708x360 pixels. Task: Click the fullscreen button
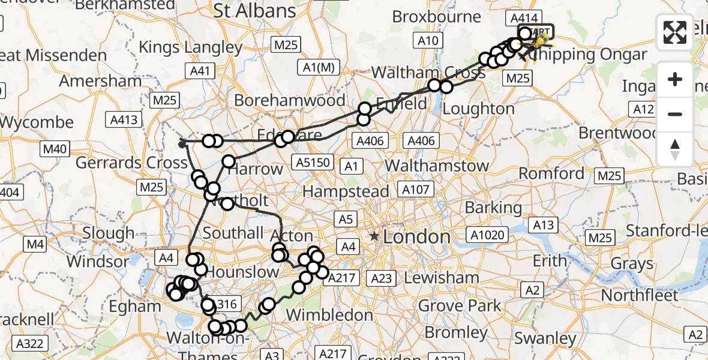tap(675, 32)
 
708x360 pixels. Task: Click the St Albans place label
tap(255, 10)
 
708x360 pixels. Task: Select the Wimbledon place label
tap(329, 314)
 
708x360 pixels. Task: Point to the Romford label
tap(551, 174)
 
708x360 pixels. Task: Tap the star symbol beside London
tap(375, 237)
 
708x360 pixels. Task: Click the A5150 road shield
tap(313, 162)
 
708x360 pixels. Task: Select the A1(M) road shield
tap(318, 68)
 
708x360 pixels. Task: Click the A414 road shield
tap(524, 18)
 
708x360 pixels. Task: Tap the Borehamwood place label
tap(290, 100)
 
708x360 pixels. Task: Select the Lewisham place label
tap(442, 278)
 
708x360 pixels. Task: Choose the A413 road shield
tap(123, 119)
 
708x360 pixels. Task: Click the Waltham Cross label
tap(428, 73)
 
